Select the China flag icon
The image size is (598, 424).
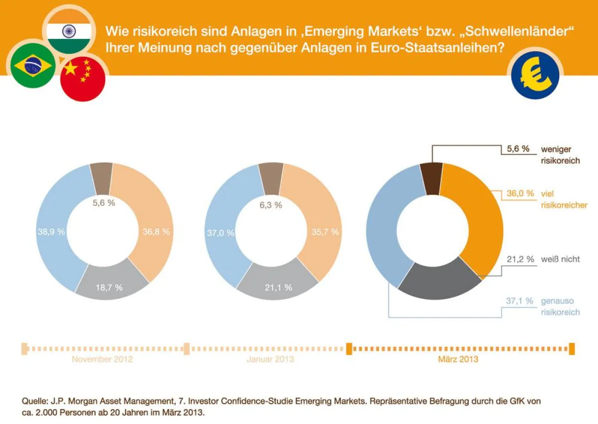pyautogui.click(x=82, y=79)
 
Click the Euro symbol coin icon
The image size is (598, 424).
pyautogui.click(x=535, y=75)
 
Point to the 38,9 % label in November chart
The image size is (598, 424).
pyautogui.click(x=51, y=232)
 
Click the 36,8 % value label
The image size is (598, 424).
pyautogui.click(x=156, y=232)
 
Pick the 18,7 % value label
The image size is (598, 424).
pyautogui.click(x=109, y=287)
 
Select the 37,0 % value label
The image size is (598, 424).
pyautogui.click(x=220, y=233)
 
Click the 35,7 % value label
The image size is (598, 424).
pyautogui.click(x=325, y=232)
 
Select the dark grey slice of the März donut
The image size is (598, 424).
pyautogui.click(x=439, y=284)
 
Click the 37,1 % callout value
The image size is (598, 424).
pyautogui.click(x=520, y=301)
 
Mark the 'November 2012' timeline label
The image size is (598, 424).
pyautogui.click(x=102, y=359)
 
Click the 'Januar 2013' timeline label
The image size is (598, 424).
pyautogui.click(x=270, y=359)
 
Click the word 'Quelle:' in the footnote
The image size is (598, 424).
pyautogui.click(x=34, y=401)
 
